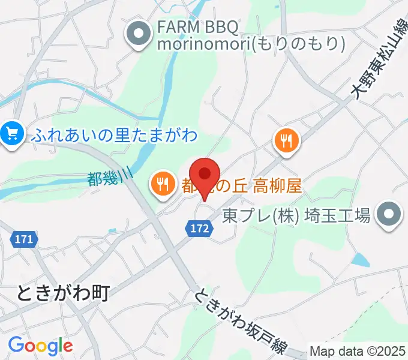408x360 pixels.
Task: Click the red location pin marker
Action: point(205,175)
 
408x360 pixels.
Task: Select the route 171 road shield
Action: point(23,239)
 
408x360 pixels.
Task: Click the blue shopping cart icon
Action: point(11,134)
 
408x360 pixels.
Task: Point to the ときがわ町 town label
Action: point(63,293)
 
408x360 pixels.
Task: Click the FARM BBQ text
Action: point(197,28)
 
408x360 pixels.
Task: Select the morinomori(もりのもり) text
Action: point(251,44)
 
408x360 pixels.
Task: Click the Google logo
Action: point(40,345)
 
